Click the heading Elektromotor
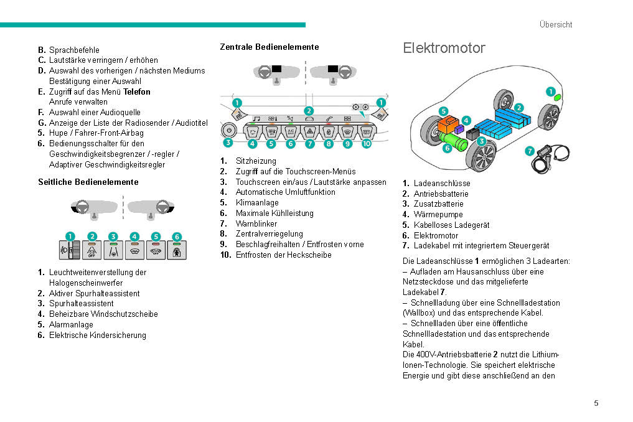(444, 48)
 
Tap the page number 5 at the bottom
(596, 403)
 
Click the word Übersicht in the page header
(556, 25)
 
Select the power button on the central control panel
(228, 131)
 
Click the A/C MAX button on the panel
(291, 132)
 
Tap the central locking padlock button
(329, 132)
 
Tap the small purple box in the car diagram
(459, 129)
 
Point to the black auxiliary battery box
(473, 134)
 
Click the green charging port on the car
(557, 97)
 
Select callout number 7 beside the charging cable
(529, 151)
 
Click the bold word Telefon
(137, 91)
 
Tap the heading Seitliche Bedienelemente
(88, 182)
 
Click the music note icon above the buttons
(256, 118)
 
